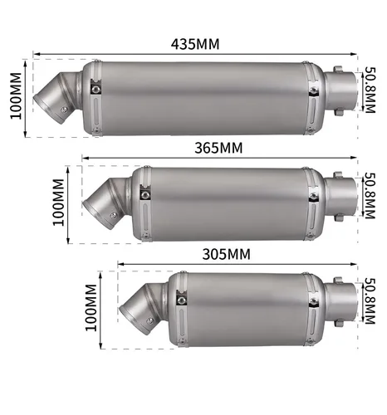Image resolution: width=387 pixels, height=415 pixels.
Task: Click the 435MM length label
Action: [x=195, y=44]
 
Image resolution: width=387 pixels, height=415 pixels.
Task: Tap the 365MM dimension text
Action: [x=218, y=148]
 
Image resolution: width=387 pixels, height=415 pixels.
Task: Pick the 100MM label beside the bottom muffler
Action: [x=91, y=306]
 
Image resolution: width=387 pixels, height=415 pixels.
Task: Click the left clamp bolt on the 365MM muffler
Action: [x=145, y=195]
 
